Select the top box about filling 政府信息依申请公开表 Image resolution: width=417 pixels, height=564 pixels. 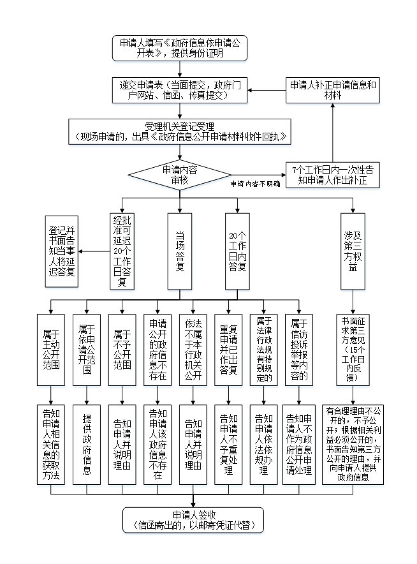[x=180, y=48]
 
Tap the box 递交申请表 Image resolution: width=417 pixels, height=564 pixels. [x=180, y=91]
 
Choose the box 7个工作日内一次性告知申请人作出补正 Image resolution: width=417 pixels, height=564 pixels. [x=332, y=175]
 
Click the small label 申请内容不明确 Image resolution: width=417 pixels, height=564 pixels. [x=255, y=184]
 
